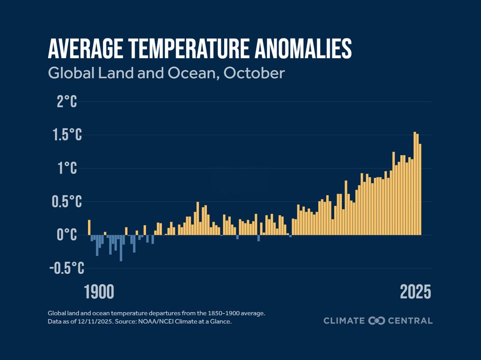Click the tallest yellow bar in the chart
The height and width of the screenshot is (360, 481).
click(x=415, y=183)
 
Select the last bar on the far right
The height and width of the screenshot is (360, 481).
click(x=420, y=189)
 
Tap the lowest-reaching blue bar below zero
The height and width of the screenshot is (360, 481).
click(x=121, y=248)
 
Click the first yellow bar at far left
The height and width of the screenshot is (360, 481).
click(x=89, y=227)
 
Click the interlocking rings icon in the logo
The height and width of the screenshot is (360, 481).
click(x=377, y=321)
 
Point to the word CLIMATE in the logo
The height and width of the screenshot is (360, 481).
click(x=344, y=321)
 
